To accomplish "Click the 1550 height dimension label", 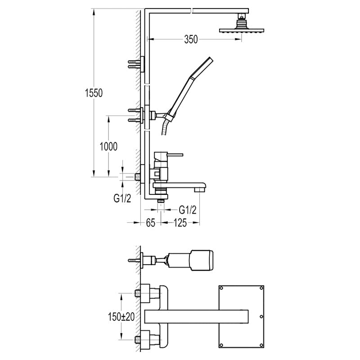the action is [94, 93].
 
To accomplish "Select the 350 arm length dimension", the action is [191, 40].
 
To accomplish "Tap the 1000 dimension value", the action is [108, 147].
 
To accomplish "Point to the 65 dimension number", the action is [151, 223].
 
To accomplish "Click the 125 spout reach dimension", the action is [180, 223].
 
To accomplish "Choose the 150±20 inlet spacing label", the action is [121, 317].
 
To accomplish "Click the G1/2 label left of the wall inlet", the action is [122, 198].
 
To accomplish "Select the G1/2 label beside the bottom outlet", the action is [188, 210].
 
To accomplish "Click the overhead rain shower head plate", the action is [242, 31].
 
